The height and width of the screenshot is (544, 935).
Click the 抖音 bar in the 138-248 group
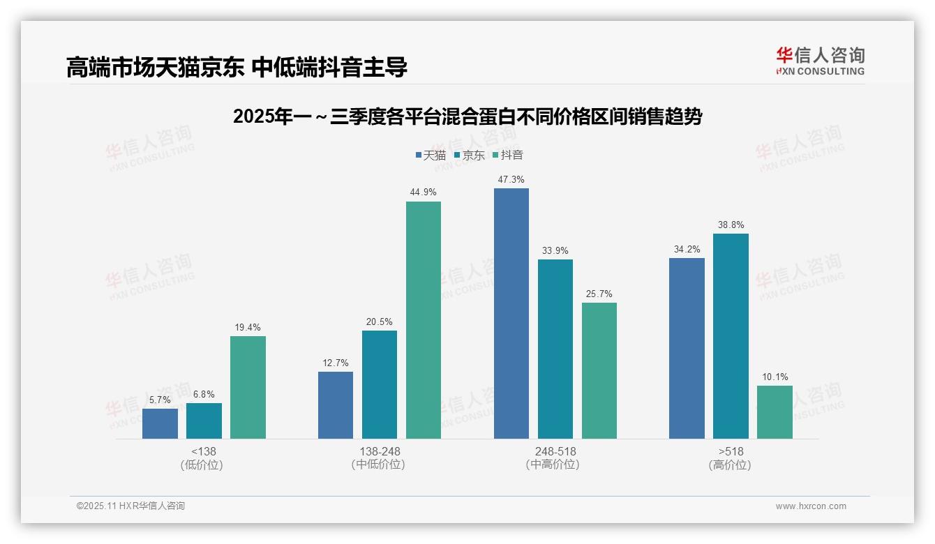(424, 320)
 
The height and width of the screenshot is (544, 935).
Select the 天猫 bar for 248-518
(511, 314)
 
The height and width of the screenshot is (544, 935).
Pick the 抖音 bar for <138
(248, 388)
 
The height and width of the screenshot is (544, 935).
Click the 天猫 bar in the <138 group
(160, 424)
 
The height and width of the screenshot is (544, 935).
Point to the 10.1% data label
(775, 377)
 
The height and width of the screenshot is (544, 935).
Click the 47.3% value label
(511, 180)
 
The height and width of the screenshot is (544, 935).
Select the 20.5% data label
(380, 322)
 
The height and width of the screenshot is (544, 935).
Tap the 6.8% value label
(204, 395)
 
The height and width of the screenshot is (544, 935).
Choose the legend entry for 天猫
(431, 156)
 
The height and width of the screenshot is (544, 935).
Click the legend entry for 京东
(469, 156)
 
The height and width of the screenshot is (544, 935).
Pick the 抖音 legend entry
(507, 156)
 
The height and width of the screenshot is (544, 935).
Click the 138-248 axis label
(380, 451)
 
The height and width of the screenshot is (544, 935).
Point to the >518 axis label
(731, 451)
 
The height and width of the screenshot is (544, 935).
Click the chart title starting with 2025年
(467, 116)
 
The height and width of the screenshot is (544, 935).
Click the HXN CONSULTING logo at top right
(820, 61)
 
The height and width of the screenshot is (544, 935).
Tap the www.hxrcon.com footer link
(811, 506)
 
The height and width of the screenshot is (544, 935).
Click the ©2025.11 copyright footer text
(130, 506)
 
